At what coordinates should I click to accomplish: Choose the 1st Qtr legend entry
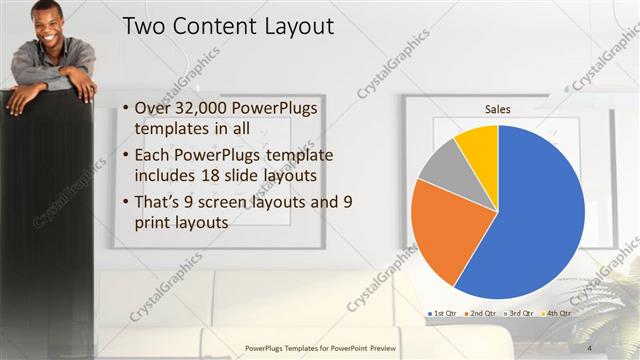pos(442,313)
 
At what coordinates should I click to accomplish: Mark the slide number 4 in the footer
pos(590,347)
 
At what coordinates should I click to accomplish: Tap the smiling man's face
pos(46,22)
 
